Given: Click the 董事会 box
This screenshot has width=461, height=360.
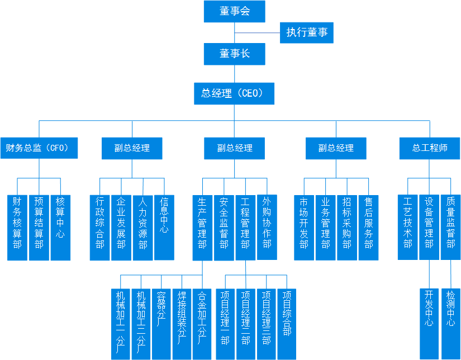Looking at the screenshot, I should tap(234, 12).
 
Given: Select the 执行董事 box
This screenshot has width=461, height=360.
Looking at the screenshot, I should tap(307, 32).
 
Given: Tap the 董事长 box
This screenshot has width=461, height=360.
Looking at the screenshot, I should tap(234, 54).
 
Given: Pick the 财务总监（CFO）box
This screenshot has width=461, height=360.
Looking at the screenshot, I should tap(39, 148).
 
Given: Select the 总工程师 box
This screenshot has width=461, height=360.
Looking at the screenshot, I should tap(430, 148).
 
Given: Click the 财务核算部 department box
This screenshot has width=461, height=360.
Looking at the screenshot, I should tap(17, 227).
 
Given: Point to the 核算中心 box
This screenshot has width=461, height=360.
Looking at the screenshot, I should tap(60, 227).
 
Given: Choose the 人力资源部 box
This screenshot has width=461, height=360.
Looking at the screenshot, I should tap(142, 227).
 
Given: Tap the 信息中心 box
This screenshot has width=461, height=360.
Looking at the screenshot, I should tap(164, 227).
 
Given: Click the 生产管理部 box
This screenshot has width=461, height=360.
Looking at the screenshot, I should tap(202, 227).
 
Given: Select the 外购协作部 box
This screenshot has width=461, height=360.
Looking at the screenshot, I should tap(267, 227).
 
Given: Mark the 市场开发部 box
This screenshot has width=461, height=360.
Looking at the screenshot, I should tap(304, 227).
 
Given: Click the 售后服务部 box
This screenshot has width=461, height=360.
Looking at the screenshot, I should tap(369, 227).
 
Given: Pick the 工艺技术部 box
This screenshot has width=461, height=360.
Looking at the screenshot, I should tap(408, 227).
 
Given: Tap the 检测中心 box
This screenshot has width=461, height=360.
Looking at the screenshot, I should tap(451, 323).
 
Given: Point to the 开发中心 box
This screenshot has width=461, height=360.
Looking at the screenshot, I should tap(429, 323).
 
